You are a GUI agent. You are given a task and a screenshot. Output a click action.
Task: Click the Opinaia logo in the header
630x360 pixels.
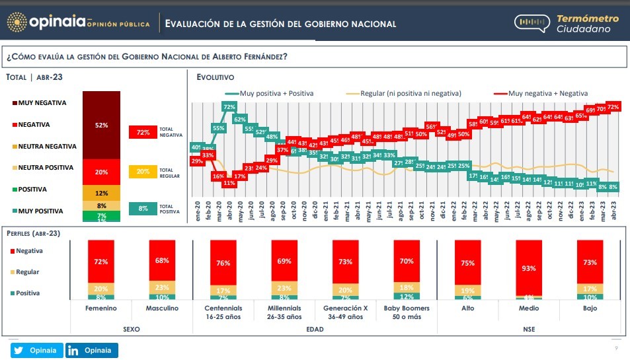point(56,23)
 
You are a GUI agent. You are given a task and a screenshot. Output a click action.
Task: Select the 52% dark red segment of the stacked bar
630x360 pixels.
point(102,125)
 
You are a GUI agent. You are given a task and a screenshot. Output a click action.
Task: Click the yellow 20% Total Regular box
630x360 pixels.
point(143,172)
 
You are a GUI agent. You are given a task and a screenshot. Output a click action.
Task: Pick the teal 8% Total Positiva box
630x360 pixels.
point(143,209)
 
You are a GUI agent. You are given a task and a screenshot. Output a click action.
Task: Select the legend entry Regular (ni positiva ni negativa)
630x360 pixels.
point(411,93)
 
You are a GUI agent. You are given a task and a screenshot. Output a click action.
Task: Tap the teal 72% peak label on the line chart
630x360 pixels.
point(229,107)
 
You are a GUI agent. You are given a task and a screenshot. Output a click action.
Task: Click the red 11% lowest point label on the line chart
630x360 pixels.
point(229,183)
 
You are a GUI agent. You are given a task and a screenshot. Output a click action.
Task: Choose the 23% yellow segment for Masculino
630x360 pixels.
point(162,288)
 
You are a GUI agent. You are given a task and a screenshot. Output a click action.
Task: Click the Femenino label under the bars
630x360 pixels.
point(101,308)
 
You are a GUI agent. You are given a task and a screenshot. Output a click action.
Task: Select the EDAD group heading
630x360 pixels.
point(315,329)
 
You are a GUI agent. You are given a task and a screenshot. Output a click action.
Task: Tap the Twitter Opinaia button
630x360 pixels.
point(37,350)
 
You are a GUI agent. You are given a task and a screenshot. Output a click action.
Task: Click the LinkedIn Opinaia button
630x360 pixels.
point(91,350)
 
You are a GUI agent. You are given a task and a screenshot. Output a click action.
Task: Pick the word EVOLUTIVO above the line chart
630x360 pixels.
point(215,77)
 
